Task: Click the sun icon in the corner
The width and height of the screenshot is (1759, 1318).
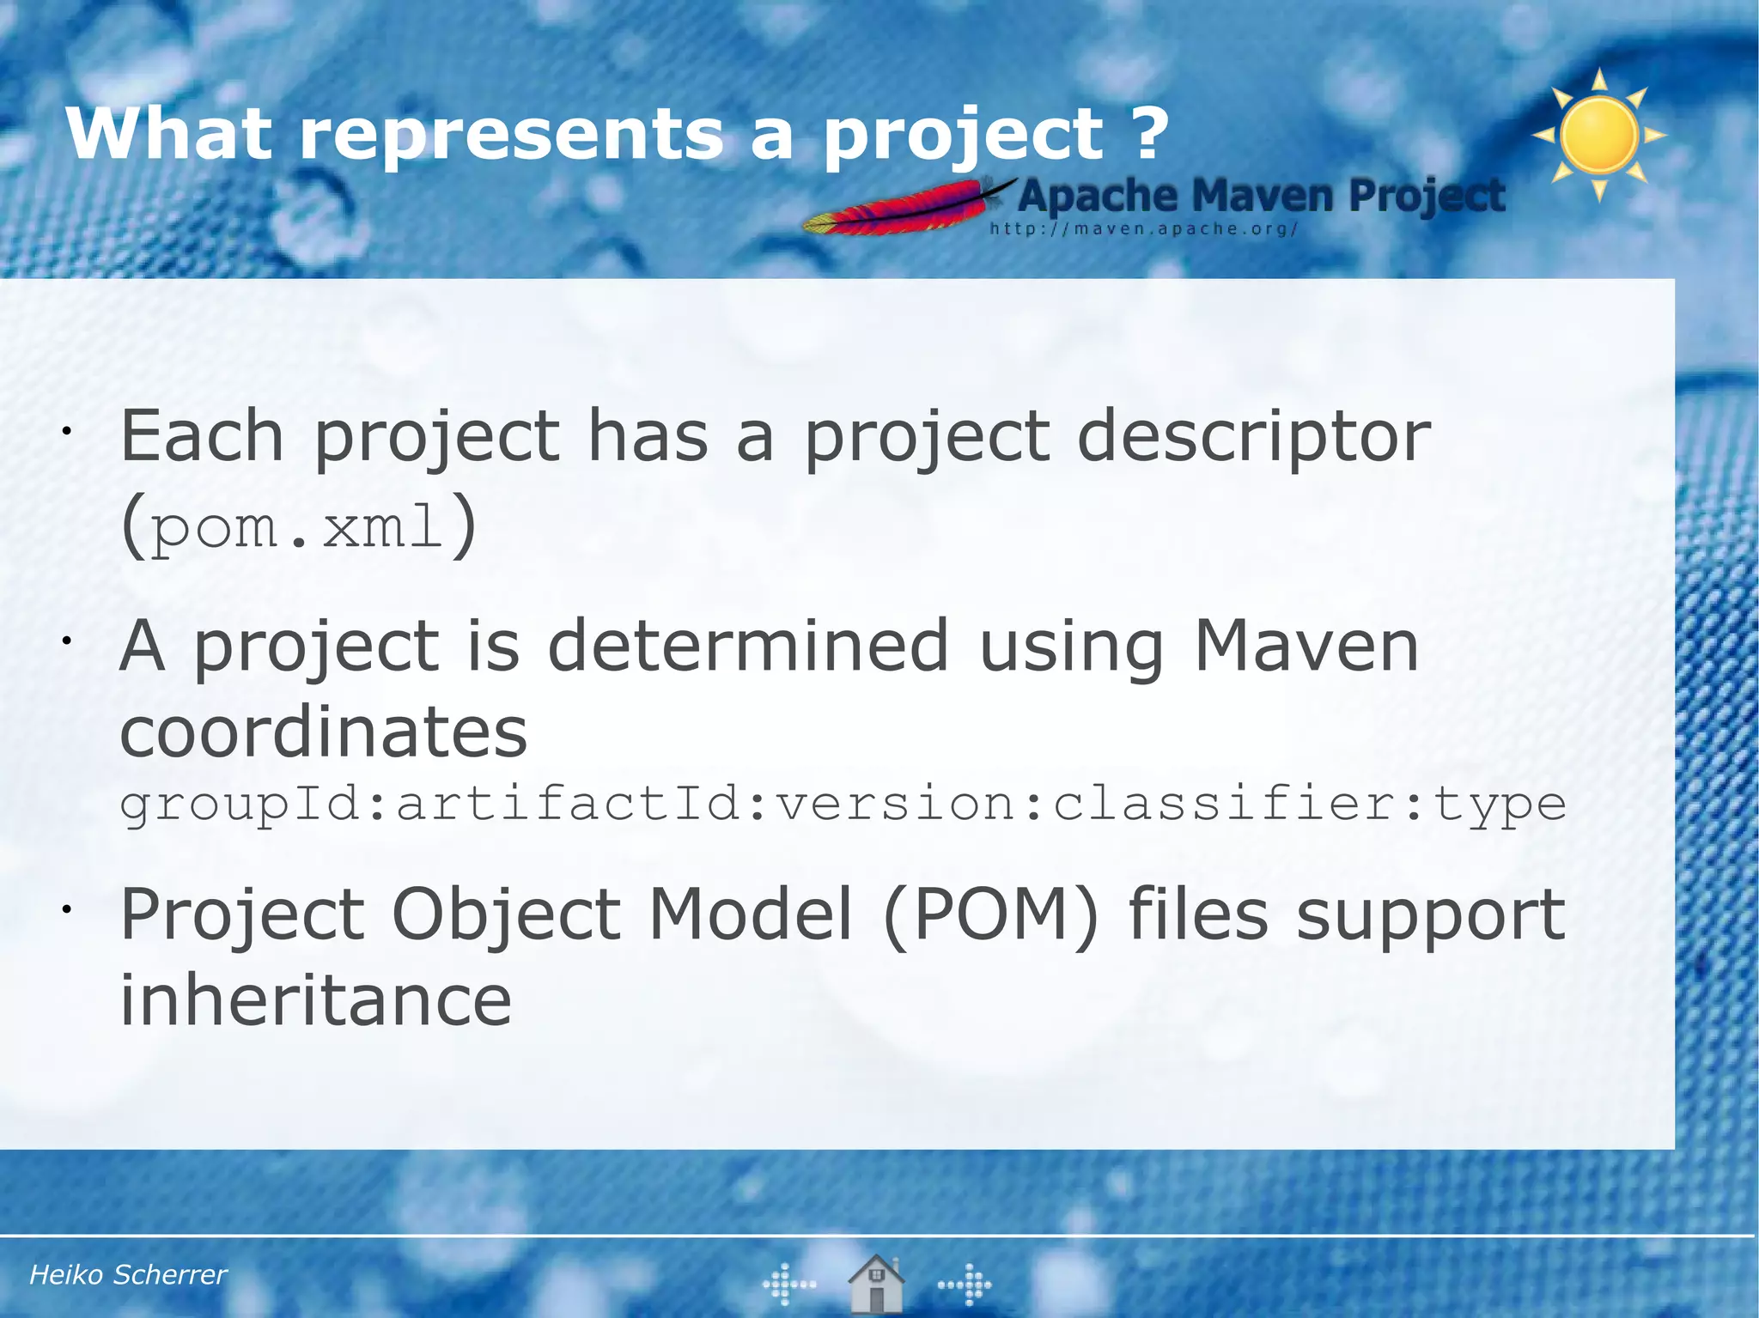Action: [1598, 136]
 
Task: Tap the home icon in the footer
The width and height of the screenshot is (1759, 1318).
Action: [875, 1283]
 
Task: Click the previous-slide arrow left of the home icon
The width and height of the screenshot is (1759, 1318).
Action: [788, 1285]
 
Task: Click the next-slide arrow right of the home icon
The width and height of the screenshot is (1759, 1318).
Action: [965, 1285]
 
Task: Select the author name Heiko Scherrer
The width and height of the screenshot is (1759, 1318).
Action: [128, 1274]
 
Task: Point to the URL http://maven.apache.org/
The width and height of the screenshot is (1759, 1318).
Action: [1143, 229]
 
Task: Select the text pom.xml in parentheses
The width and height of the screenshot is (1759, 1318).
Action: [297, 526]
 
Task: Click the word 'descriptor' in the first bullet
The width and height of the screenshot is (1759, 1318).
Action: [1253, 436]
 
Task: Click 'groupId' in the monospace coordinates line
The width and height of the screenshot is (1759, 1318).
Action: [240, 805]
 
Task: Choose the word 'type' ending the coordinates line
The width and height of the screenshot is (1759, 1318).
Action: [1500, 805]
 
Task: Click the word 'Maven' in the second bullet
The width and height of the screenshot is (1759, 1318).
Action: [1306, 646]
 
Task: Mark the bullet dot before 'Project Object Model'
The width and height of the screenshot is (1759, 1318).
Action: [64, 908]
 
